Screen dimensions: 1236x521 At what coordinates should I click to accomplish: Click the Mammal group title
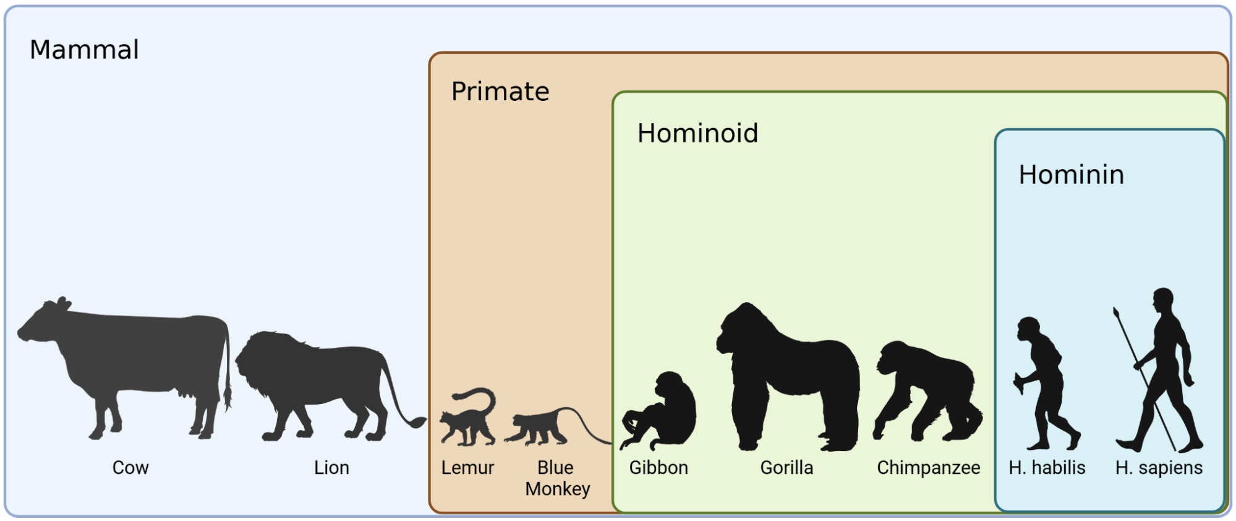(84, 50)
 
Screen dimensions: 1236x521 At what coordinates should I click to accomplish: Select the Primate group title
(500, 92)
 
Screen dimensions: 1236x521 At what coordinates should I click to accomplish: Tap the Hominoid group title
(697, 133)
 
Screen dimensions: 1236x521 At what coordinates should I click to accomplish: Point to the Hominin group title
(1072, 174)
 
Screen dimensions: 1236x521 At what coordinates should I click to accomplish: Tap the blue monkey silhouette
(538, 427)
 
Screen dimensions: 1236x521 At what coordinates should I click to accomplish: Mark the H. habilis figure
(1045, 384)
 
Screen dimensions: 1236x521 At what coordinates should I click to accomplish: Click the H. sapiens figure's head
(1164, 299)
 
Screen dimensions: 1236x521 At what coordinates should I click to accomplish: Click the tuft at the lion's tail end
(418, 423)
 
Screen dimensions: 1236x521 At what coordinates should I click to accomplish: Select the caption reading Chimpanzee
(928, 468)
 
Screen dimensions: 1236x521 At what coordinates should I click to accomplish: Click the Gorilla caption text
(786, 468)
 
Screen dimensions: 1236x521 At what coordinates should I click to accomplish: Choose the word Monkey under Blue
(558, 489)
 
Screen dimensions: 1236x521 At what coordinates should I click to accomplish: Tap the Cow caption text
(130, 468)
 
